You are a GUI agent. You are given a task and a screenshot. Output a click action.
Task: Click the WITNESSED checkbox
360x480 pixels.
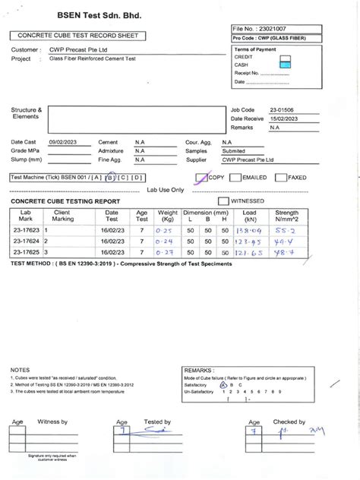(223, 201)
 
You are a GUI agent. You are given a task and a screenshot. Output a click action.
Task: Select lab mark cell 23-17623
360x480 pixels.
(27, 229)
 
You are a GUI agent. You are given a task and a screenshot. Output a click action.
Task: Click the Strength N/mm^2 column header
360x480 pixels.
(287, 216)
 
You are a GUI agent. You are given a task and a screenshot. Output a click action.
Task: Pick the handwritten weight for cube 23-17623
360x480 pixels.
(166, 229)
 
